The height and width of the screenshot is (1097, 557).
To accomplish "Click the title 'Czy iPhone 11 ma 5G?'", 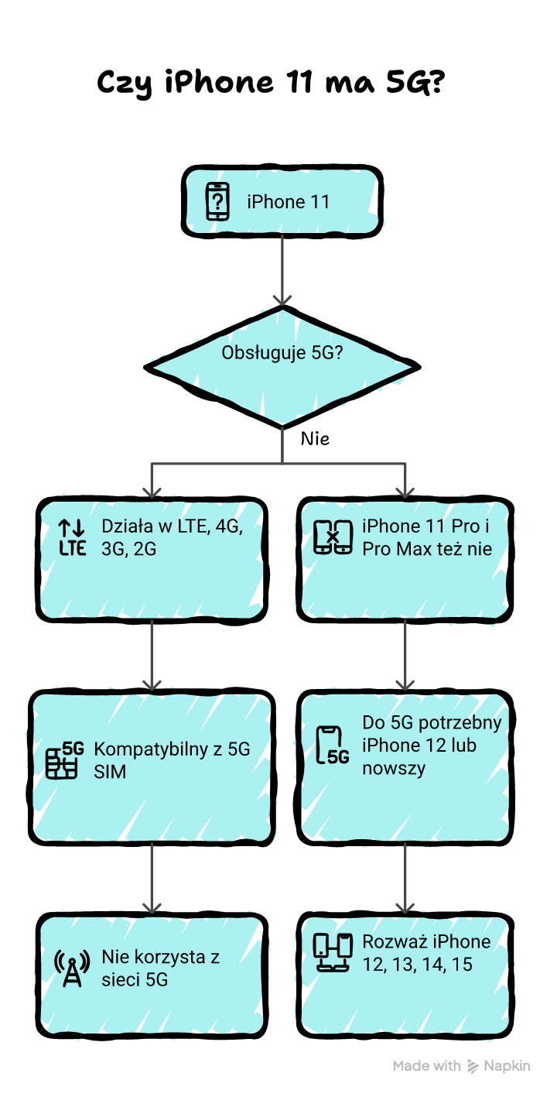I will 270,81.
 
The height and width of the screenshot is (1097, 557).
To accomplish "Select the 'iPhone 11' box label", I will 288,202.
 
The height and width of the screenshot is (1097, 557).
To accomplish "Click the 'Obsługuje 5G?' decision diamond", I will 282,365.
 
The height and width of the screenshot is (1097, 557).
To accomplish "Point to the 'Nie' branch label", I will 315,439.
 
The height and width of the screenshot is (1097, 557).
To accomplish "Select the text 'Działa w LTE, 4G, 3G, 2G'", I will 172,538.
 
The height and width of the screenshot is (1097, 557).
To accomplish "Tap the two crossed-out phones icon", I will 333,538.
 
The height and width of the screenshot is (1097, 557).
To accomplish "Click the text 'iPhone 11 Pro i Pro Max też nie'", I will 426,538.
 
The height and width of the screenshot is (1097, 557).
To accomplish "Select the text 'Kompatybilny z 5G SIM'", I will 172,760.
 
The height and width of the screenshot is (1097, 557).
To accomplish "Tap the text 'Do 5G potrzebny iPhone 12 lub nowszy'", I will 432,746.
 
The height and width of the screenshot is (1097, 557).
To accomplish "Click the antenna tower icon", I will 72,968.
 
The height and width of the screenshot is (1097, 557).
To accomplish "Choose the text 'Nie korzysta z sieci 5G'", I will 161,968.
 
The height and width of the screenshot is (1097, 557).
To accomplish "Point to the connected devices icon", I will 333,953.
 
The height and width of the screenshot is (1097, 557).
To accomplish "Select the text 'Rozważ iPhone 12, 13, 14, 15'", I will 426,953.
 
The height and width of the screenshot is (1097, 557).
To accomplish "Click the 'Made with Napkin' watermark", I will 461,1066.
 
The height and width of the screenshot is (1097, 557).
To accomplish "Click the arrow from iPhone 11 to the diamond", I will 282,271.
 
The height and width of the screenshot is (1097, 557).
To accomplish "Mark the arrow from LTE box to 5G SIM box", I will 152,655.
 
